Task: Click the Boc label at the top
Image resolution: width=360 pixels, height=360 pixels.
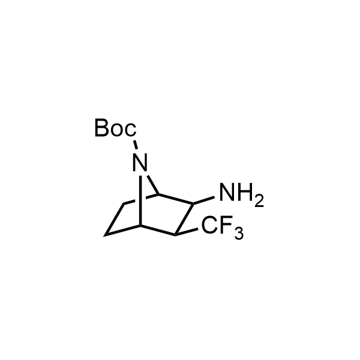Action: pos(115,128)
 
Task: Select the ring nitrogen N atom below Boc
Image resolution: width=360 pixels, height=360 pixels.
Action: pos(140,163)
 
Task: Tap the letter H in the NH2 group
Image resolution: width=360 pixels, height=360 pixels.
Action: pos(245,193)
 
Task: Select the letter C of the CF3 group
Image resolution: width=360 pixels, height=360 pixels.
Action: pos(210,225)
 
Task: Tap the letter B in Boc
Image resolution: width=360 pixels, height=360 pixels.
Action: pos(101,128)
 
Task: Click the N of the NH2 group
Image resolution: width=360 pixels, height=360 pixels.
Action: pos(227,193)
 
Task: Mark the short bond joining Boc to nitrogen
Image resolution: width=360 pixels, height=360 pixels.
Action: pos(136,145)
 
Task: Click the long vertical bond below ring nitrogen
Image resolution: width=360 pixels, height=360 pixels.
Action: pos(140,200)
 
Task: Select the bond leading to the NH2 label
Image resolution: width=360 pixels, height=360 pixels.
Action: pos(204,200)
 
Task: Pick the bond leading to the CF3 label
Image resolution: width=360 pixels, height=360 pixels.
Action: pos(186,232)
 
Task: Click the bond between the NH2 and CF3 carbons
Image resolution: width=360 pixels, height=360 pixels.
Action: pos(184,219)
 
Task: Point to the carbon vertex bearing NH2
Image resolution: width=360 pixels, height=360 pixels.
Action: pos(193,203)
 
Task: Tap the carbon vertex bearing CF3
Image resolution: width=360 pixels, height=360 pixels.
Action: pos(175,235)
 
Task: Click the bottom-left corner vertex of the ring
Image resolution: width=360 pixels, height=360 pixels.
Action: pos(104,236)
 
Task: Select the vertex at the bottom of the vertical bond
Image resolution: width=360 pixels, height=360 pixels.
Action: pos(140,226)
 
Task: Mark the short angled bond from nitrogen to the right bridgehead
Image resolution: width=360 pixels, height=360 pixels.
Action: pos(152,185)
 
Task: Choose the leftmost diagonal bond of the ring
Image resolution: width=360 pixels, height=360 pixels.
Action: pos(114,219)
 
